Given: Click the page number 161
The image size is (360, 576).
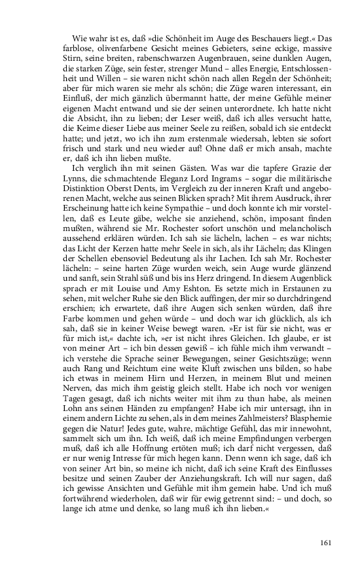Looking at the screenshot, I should (327, 542).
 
